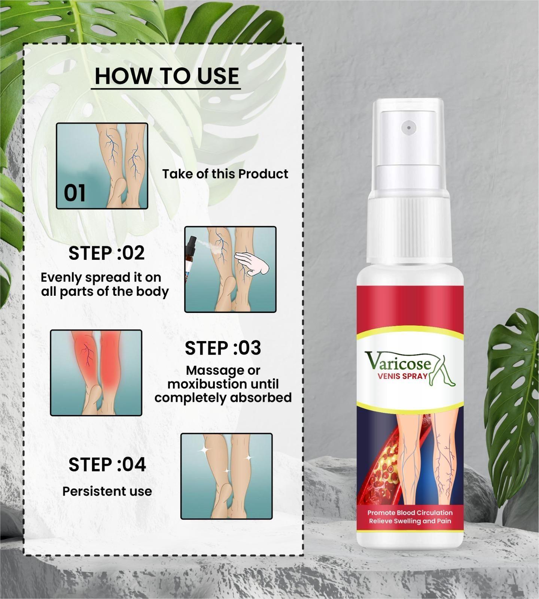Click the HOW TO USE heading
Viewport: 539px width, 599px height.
tap(167, 76)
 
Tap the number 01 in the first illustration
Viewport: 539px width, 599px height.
tap(74, 193)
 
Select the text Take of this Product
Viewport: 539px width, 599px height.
tap(225, 174)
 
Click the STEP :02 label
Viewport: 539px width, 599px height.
tap(106, 253)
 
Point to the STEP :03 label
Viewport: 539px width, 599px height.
tap(223, 348)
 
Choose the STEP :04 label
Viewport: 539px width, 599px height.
tap(107, 465)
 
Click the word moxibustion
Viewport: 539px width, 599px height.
tap(207, 384)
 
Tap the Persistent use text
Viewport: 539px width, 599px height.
tap(107, 491)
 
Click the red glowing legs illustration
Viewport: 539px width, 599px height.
tap(96, 373)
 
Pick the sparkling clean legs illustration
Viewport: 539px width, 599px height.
tap(226, 476)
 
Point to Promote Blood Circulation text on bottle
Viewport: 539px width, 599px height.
tap(410, 513)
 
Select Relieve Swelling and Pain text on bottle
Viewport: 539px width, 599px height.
tap(410, 521)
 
